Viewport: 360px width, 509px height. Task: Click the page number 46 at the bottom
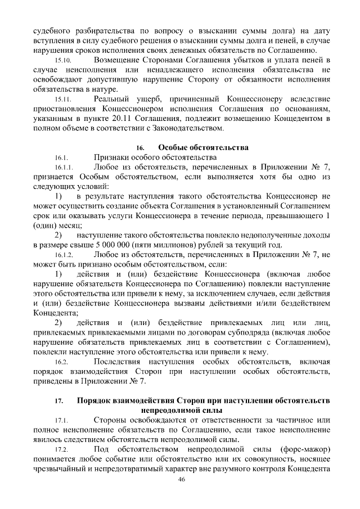(181, 479)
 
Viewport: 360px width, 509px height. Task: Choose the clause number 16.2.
(61, 362)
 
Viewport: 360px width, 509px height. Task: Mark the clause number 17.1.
(61, 421)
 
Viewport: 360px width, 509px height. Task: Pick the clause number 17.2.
(61, 451)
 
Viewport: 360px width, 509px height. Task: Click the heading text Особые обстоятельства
(203, 148)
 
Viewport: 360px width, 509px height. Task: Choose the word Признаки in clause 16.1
(112, 157)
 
